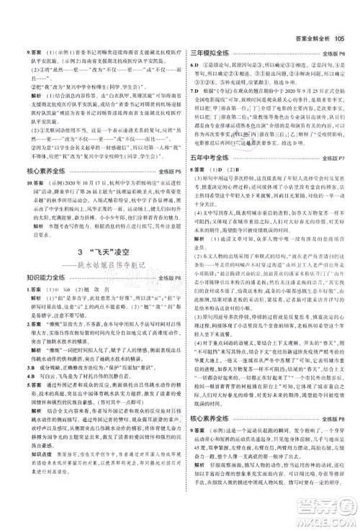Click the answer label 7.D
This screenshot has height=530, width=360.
(192, 91)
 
